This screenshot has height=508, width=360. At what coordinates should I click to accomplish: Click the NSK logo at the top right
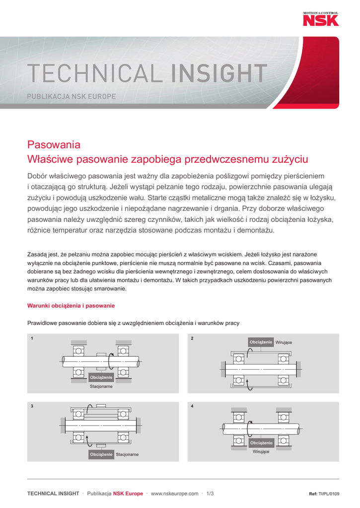pos(321,20)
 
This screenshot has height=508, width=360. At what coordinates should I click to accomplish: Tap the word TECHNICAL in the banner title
pos(94,74)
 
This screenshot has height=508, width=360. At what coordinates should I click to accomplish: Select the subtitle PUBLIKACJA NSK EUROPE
pos(71,96)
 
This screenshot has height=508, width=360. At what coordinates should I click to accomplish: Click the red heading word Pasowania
pos(54,145)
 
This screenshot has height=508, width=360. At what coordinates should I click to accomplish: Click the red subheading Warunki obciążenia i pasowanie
pos(71,306)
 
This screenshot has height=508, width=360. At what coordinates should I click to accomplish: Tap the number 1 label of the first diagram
pos(32,338)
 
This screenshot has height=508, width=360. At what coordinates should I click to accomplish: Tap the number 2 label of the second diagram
pos(192,338)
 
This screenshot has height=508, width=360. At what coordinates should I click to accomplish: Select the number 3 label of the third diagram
pos(32,406)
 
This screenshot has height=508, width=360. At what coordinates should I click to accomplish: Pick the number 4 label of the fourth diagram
pos(192,406)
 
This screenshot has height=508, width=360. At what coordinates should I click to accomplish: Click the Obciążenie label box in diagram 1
pos(101,378)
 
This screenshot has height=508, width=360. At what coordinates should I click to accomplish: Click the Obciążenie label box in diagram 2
pos(261,342)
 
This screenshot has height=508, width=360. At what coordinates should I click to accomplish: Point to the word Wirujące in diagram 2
pos(284,342)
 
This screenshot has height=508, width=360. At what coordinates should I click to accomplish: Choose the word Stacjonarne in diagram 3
pos(127,454)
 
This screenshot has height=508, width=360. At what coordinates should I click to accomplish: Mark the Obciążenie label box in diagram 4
pos(261,443)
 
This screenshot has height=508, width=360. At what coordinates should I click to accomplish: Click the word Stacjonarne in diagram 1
pos(101,386)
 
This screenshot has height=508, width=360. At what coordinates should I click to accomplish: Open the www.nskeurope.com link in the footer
pos(174,494)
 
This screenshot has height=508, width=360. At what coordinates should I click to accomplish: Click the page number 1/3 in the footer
pos(210,494)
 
